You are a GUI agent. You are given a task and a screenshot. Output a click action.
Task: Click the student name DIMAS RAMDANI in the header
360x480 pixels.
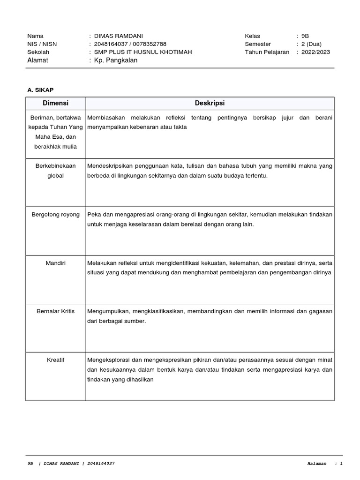point(119,36)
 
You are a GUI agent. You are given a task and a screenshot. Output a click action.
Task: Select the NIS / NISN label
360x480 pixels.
point(42,44)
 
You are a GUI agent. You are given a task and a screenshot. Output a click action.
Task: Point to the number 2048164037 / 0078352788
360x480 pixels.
point(130,44)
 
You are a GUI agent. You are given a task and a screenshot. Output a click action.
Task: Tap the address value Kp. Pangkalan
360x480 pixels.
point(116,60)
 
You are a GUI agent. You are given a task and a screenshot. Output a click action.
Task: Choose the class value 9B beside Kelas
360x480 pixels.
point(305,36)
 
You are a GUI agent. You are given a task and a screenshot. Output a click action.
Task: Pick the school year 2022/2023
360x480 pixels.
point(315,52)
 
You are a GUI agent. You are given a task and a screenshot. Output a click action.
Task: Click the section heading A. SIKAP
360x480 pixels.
point(41,90)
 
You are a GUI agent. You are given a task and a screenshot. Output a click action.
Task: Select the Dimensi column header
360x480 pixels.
point(56,103)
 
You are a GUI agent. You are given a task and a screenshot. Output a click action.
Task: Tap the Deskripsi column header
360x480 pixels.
point(210,103)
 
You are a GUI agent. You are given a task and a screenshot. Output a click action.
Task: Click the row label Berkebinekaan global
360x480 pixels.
point(56,171)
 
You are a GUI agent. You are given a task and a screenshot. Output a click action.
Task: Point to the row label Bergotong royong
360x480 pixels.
point(56,215)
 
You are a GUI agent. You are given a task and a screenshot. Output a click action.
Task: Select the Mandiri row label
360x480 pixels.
point(56,263)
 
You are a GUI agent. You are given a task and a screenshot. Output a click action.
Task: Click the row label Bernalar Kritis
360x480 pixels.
point(56,311)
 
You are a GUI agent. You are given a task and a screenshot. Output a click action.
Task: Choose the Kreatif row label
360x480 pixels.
point(56,360)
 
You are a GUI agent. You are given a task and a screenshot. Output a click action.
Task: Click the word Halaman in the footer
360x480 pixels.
point(316,464)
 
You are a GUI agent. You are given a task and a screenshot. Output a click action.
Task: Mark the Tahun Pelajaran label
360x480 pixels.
point(267,52)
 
